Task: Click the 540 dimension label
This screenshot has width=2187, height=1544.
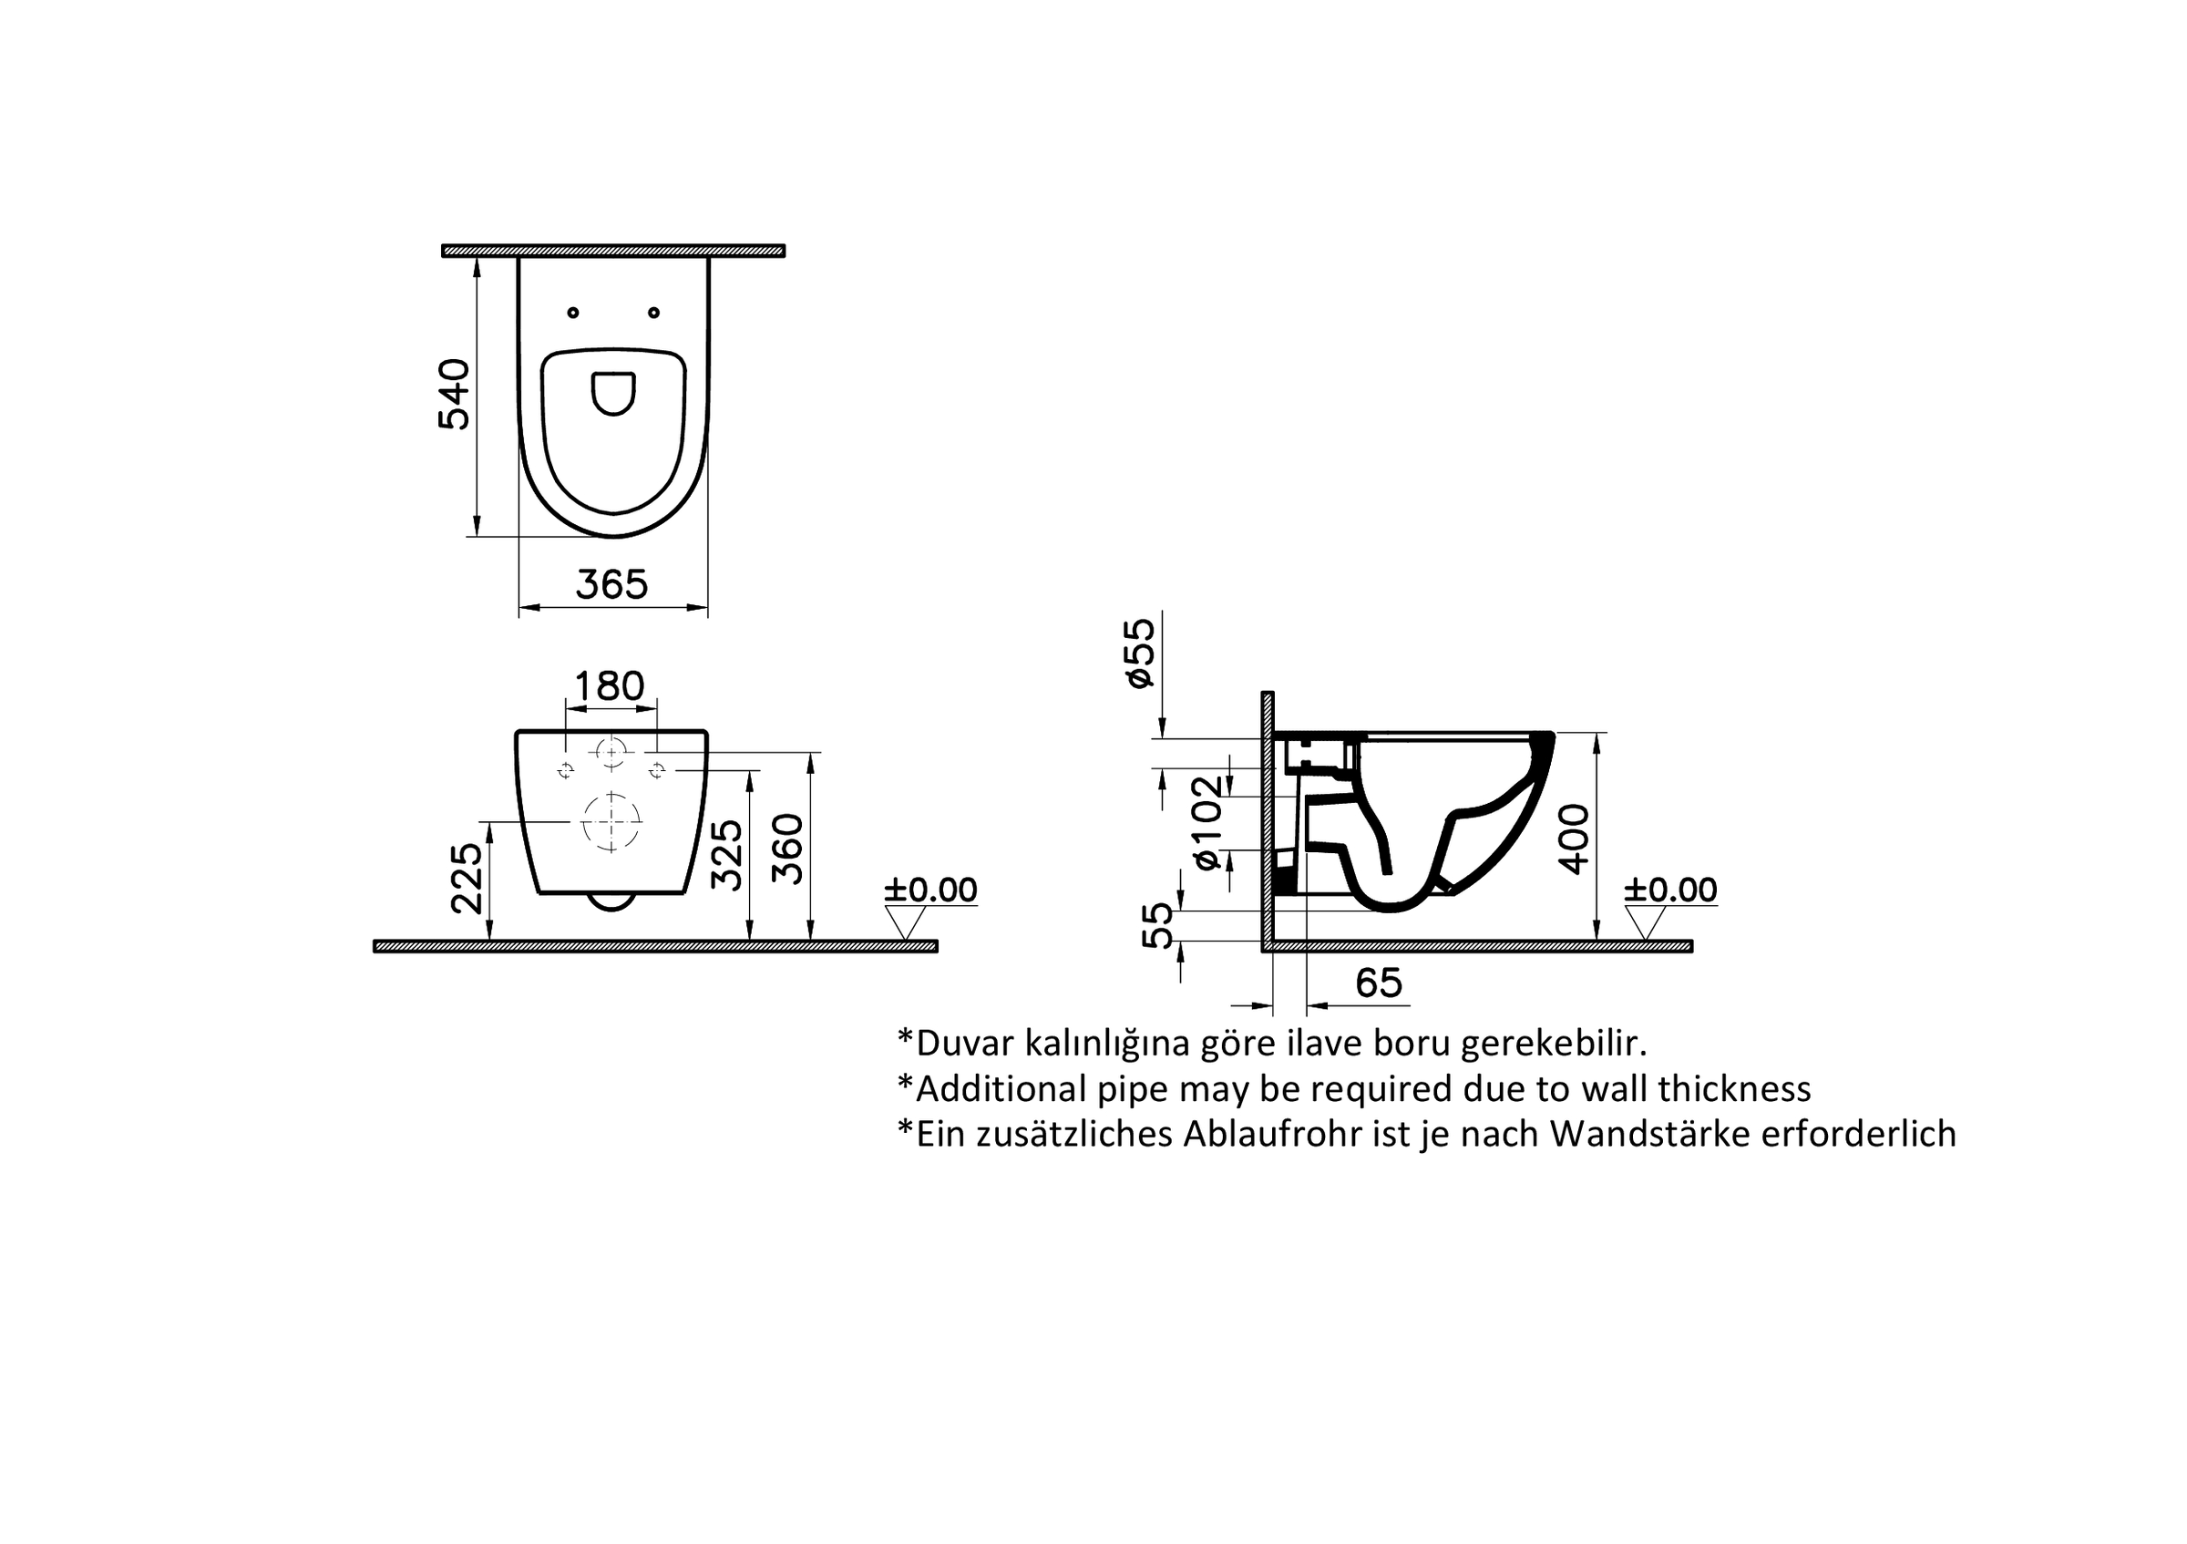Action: [455, 395]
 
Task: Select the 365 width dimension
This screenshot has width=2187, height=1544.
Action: [611, 584]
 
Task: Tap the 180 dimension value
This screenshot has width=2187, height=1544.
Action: [610, 685]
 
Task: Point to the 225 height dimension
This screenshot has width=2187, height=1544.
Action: [467, 877]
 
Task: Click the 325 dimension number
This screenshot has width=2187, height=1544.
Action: [727, 854]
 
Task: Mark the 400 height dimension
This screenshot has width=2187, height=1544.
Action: [1574, 839]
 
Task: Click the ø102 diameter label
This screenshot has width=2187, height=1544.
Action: [1207, 822]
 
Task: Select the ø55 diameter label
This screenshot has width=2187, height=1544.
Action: [1139, 654]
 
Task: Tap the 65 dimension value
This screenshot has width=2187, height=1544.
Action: [1379, 982]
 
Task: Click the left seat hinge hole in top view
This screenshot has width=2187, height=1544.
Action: [573, 313]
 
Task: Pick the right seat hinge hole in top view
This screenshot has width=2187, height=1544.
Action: [653, 313]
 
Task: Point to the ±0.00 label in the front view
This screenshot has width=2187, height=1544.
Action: [930, 890]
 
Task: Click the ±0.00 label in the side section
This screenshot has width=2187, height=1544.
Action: [1670, 890]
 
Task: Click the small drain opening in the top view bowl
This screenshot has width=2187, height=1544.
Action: [613, 393]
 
